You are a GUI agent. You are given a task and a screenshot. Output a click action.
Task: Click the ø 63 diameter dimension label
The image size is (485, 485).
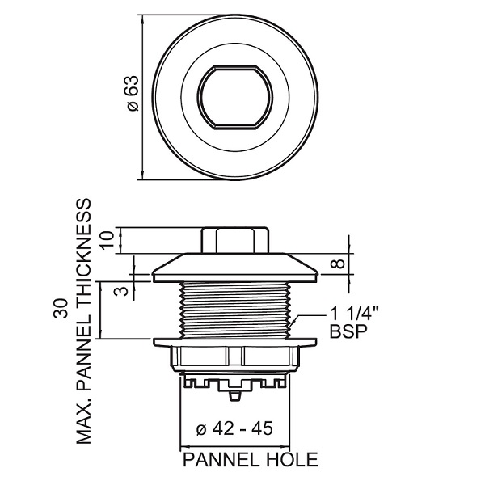133,94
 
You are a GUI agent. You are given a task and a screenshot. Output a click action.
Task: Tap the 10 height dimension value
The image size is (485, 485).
107,241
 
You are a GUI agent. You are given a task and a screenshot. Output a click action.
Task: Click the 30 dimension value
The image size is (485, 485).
61,309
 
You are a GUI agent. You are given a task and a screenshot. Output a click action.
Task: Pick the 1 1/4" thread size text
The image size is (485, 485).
355,314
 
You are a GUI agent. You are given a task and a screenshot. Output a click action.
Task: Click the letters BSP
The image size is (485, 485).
348,331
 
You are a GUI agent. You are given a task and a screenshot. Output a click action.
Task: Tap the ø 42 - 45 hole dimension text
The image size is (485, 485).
234,428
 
